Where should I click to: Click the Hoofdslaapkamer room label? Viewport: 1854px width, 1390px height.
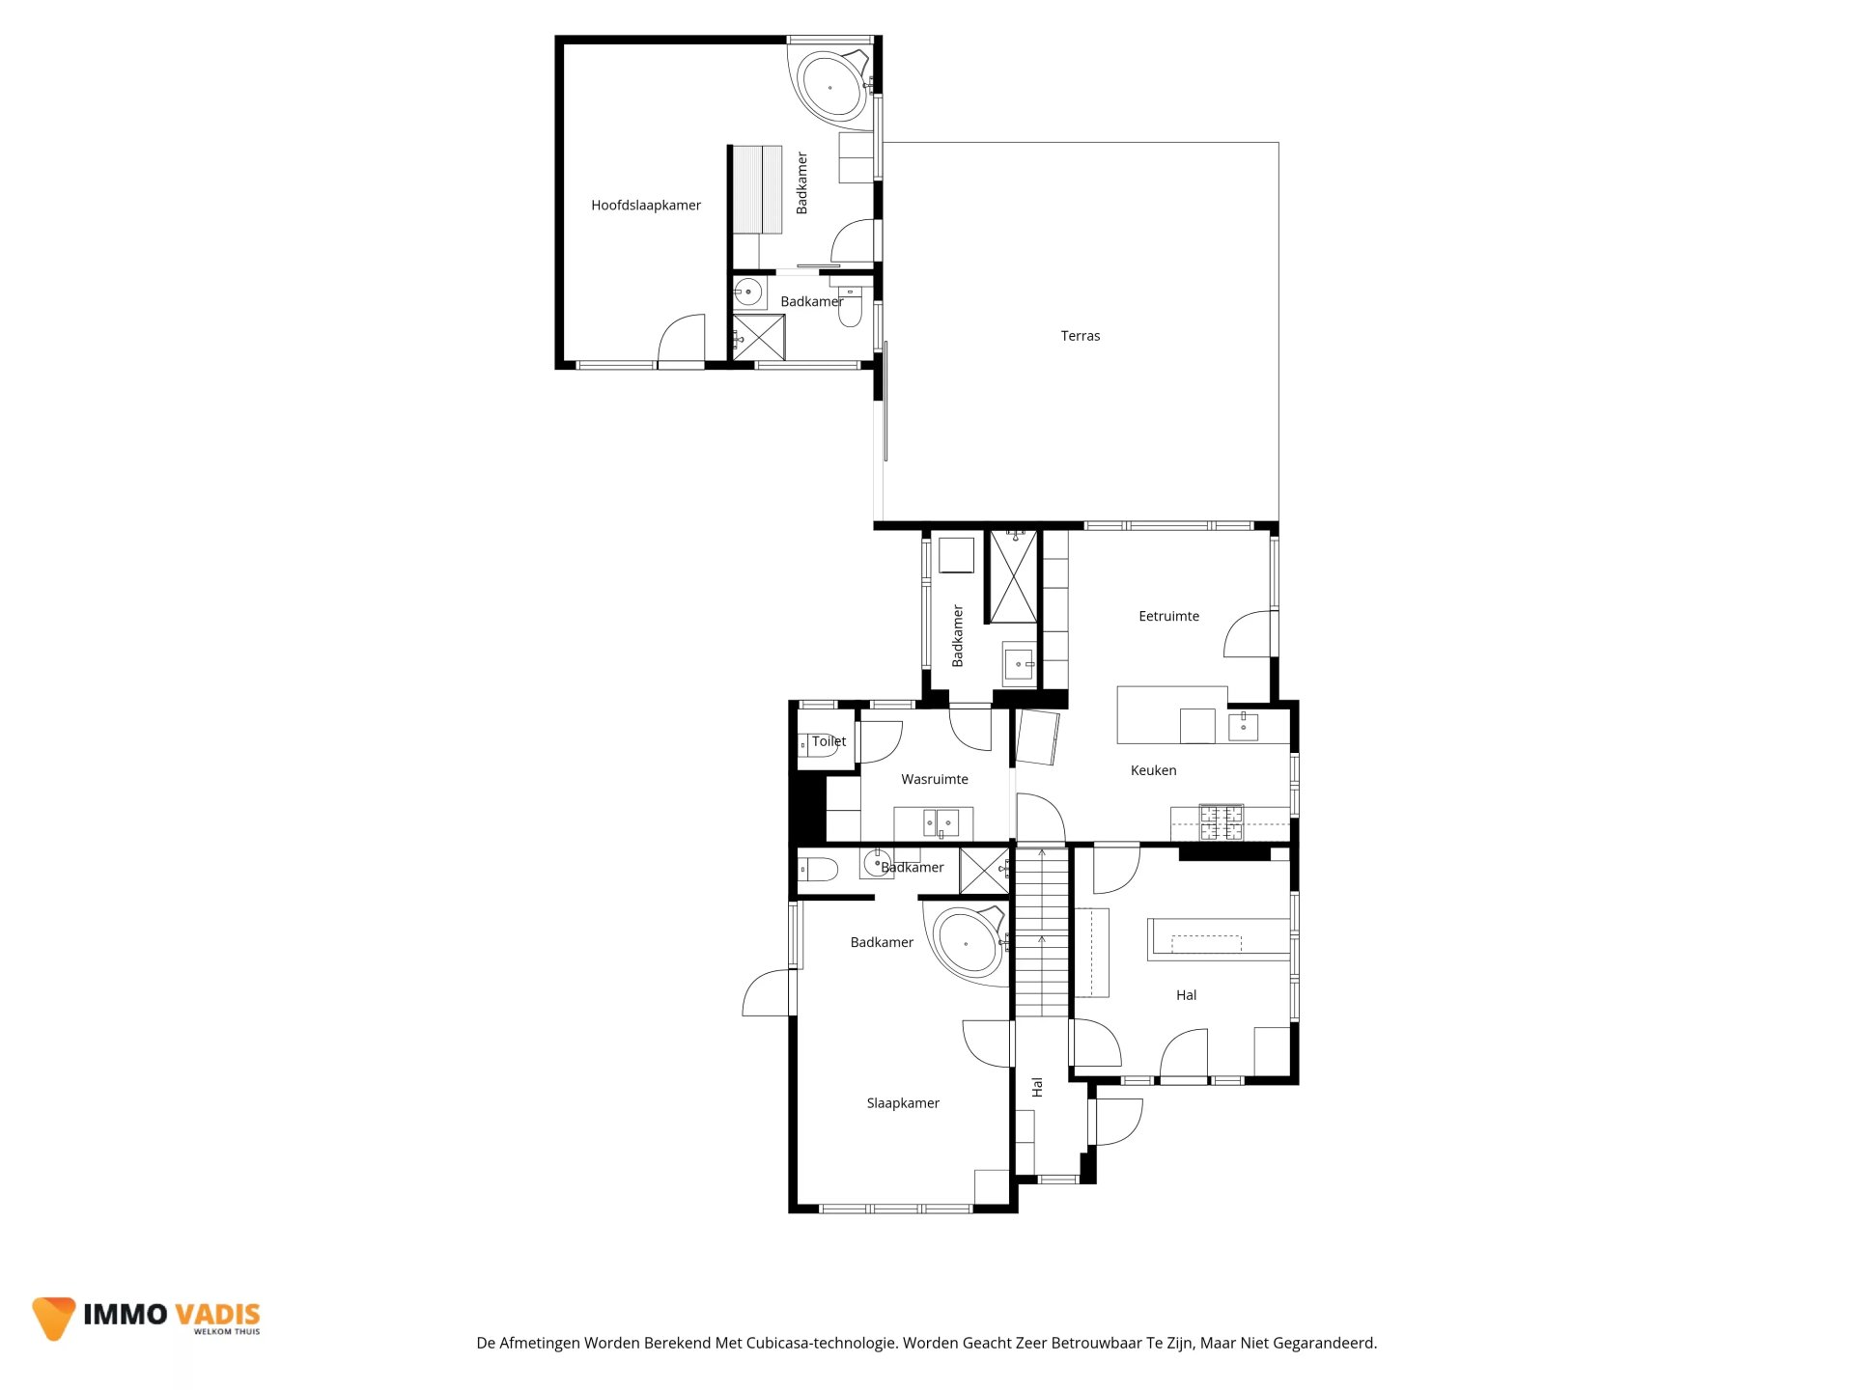coord(646,206)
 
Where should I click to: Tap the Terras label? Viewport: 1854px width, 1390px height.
coord(1080,336)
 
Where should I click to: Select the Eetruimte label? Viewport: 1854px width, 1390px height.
coord(1168,616)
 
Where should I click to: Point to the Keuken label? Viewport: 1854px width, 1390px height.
coord(1153,770)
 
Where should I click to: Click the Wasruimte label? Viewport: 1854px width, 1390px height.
coord(934,779)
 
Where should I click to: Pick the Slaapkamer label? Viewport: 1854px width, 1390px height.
coord(903,1103)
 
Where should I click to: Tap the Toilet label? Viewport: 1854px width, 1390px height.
coord(829,741)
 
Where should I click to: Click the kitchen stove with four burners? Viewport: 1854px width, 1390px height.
coord(1222,822)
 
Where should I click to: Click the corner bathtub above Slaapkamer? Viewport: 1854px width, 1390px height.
coord(967,943)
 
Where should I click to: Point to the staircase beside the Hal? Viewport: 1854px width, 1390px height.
coord(1042,931)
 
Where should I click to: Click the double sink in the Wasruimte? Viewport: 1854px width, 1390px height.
coord(939,823)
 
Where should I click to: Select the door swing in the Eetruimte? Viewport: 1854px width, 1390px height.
coord(1249,634)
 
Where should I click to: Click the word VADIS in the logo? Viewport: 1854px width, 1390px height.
coord(217,1315)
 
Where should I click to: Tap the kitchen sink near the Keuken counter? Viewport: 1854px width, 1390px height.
coord(1243,726)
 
